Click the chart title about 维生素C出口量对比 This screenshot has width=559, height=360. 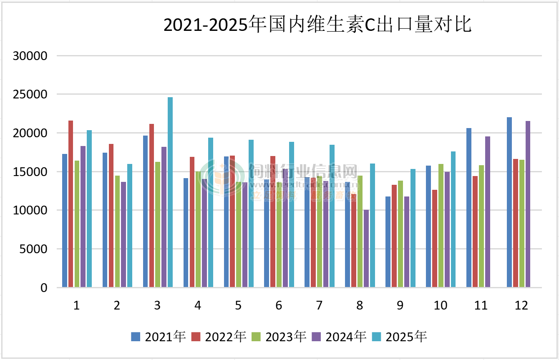[317, 25]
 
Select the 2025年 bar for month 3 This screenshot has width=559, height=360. [170, 192]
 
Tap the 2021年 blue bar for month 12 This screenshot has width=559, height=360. [509, 202]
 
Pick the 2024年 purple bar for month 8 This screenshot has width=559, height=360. [366, 248]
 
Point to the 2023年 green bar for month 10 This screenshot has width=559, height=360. [441, 225]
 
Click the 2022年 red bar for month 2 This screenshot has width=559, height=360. [111, 215]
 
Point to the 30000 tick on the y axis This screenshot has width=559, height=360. [30, 56]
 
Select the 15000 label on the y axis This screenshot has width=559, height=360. [30, 172]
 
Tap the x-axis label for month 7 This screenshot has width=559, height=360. [319, 306]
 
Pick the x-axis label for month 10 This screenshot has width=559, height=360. [441, 306]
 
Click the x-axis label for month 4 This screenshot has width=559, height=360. [198, 306]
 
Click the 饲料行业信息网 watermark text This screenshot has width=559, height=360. [303, 171]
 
